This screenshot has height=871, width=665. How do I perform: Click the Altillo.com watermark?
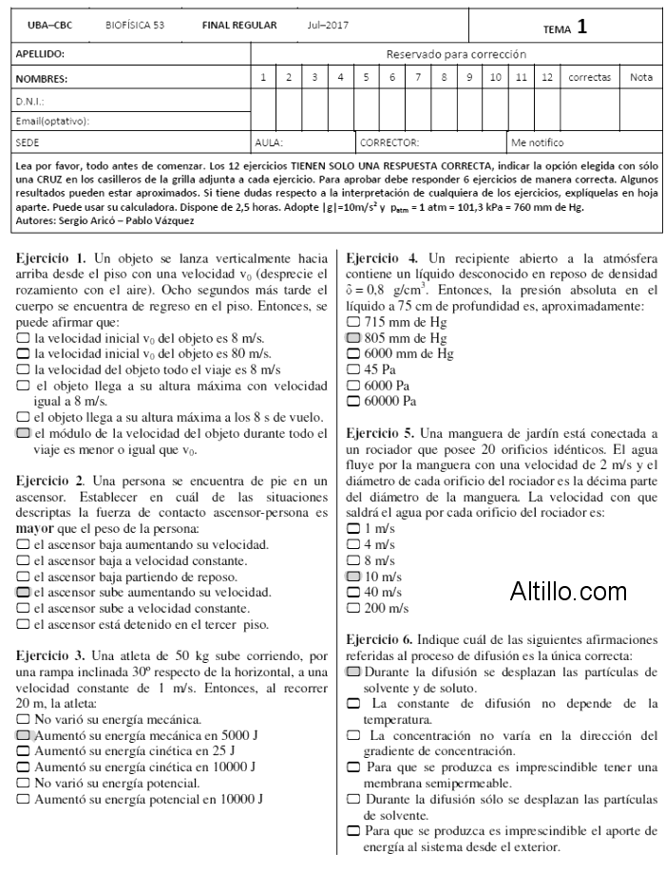[x=568, y=593]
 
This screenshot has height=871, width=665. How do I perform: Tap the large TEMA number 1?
[x=581, y=28]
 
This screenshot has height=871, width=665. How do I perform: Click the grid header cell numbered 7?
[x=418, y=77]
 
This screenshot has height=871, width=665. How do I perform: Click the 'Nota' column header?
[x=641, y=77]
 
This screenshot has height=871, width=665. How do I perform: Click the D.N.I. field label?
[x=31, y=100]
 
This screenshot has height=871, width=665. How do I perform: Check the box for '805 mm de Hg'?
[x=353, y=337]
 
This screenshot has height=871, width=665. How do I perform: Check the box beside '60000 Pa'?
[x=353, y=401]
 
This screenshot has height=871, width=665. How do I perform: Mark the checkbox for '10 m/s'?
[x=353, y=577]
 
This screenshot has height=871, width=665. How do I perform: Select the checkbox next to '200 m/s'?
[x=353, y=608]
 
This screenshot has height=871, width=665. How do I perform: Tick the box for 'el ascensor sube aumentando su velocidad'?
[x=23, y=592]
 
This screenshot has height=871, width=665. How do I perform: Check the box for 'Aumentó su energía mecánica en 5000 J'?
[x=23, y=735]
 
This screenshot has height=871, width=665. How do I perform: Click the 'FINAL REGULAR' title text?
[x=239, y=26]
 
